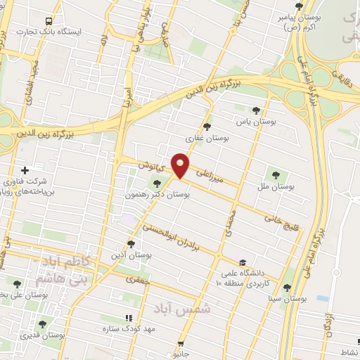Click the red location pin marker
coord(181,165)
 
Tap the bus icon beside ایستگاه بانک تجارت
coord(49,22)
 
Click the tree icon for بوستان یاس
coord(256,110)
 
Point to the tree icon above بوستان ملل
coord(275,174)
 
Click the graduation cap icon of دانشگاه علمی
coord(243,260)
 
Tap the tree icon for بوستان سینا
coord(287,287)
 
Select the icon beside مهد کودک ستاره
coord(128,318)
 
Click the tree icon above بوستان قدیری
coord(43,324)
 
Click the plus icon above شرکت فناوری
coord(25,170)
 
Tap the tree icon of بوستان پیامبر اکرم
coord(298,6)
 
